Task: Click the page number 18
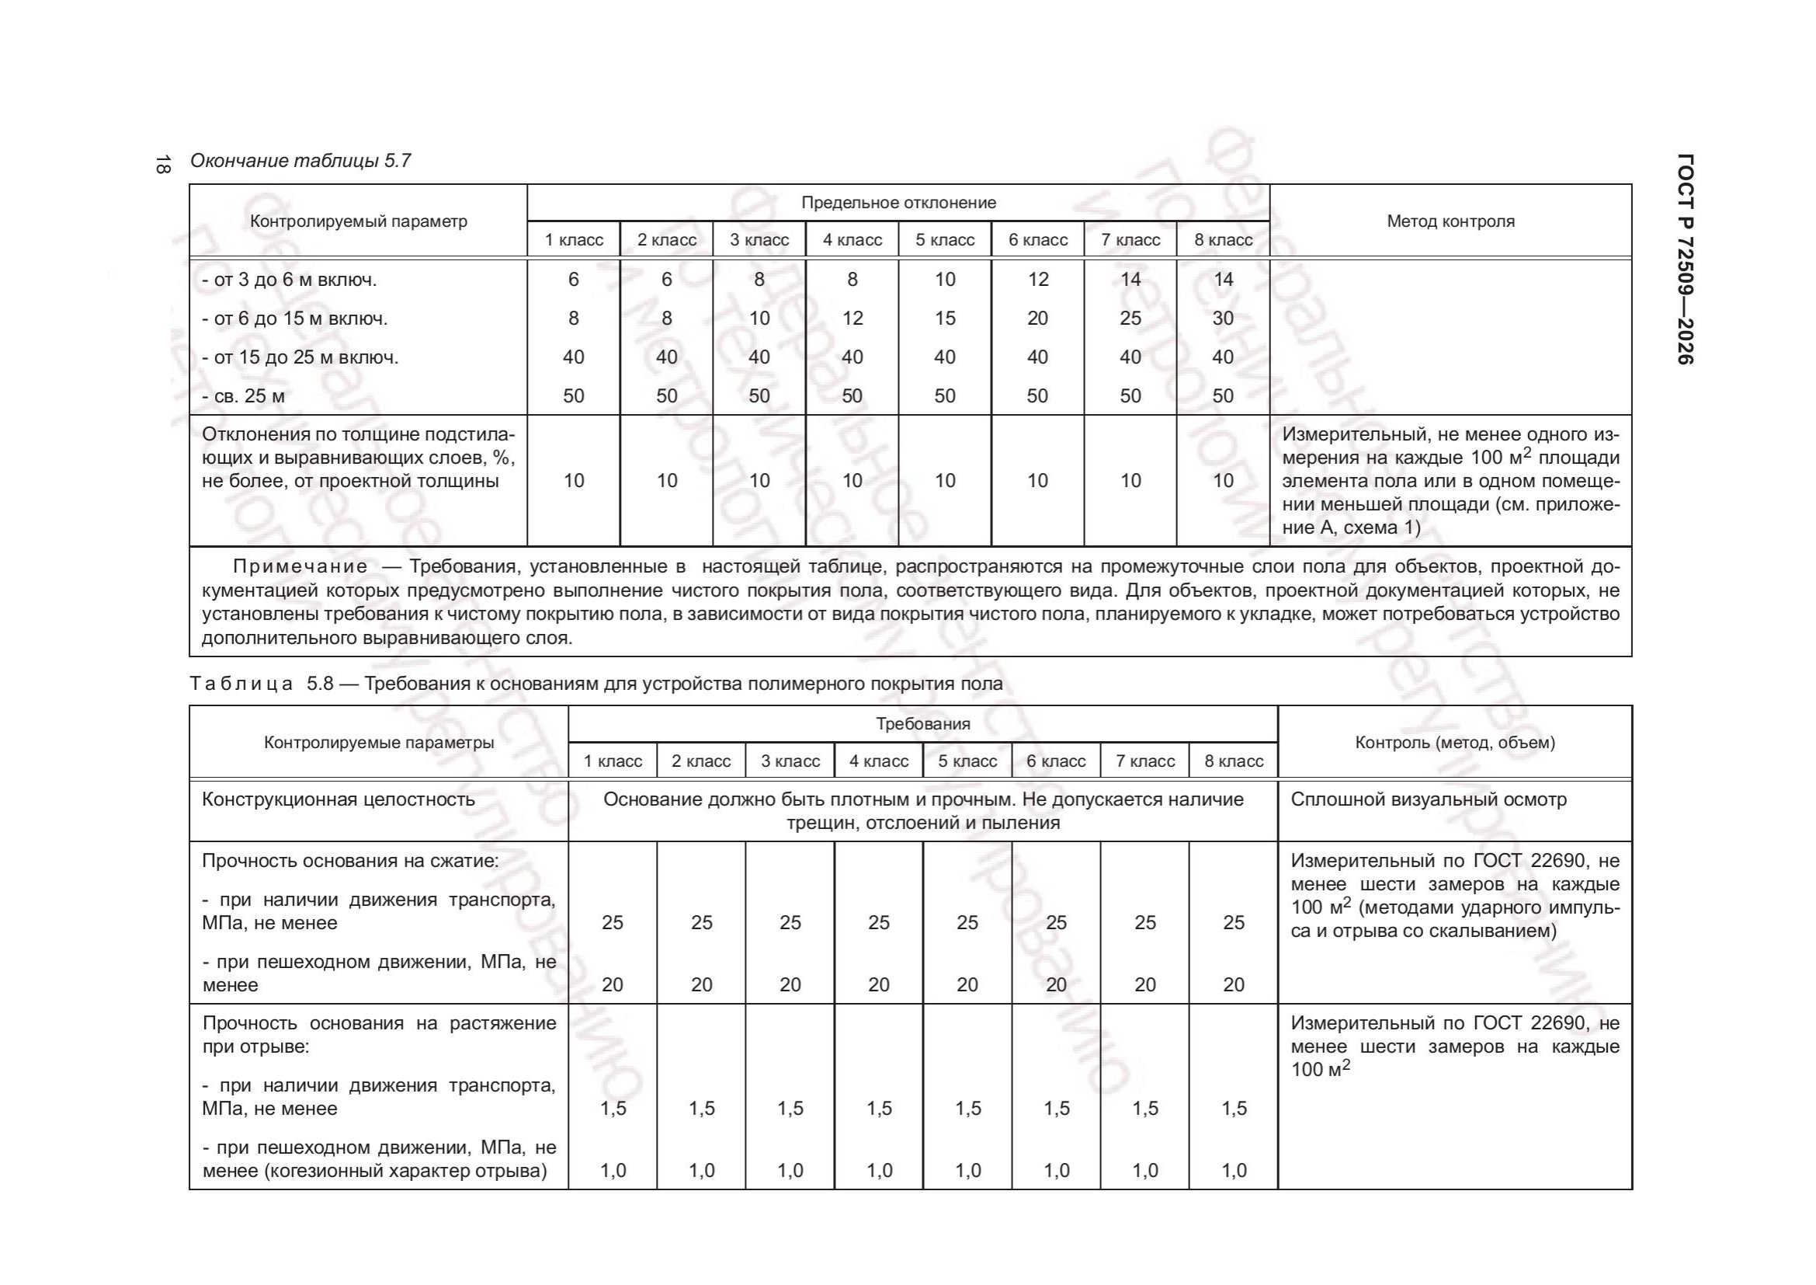tap(162, 165)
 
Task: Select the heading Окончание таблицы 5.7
tap(300, 161)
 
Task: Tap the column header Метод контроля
tap(1450, 221)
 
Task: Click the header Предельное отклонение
tap(898, 203)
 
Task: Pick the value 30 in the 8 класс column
tap(1223, 318)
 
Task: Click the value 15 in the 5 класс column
tap(945, 318)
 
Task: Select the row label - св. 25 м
tap(243, 395)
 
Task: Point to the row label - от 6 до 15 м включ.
tap(294, 319)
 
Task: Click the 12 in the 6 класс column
tap(1038, 280)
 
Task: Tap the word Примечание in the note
tap(300, 566)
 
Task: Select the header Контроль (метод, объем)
tap(1454, 742)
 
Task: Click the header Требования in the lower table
tap(922, 724)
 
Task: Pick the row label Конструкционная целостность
tap(339, 799)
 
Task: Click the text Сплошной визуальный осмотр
tap(1429, 799)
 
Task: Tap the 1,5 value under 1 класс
tap(613, 1109)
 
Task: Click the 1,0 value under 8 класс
tap(1234, 1171)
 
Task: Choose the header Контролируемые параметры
tap(379, 742)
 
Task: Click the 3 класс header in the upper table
tap(759, 240)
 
